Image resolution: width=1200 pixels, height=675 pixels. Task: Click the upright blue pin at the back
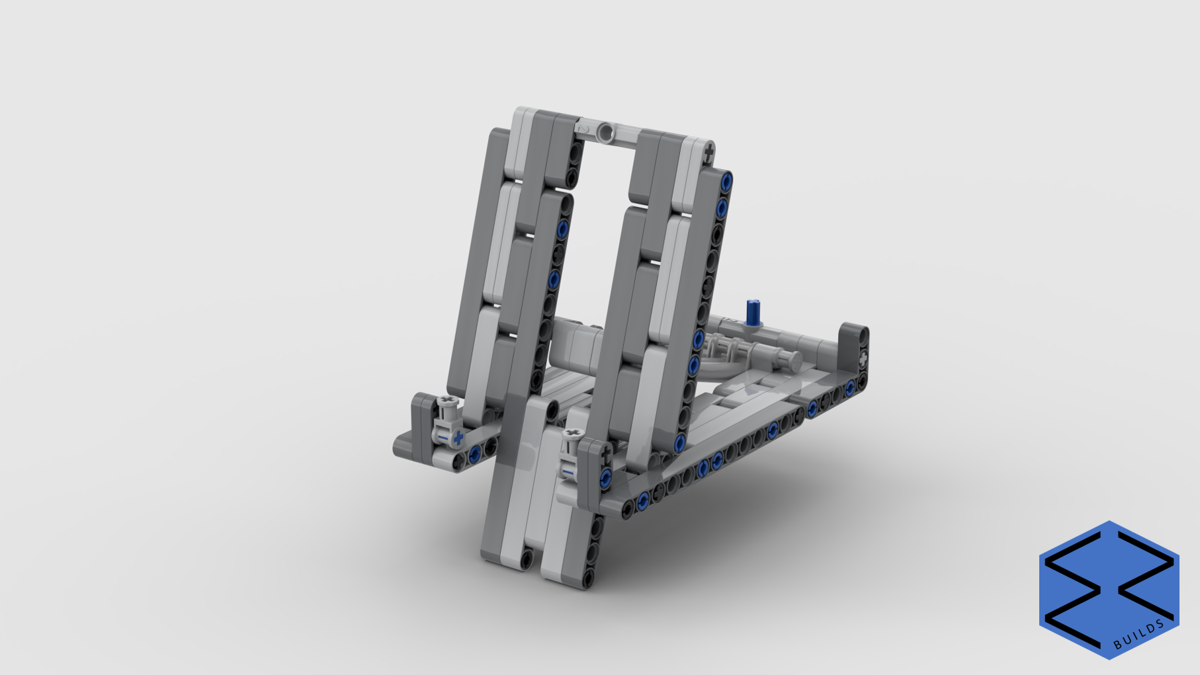click(x=753, y=312)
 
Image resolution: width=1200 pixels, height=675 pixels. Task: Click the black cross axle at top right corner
click(x=708, y=154)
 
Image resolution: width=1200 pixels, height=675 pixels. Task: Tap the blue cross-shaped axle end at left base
click(x=458, y=438)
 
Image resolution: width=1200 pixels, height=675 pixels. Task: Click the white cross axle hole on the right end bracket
click(x=863, y=358)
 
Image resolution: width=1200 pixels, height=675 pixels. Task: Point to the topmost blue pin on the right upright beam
click(x=726, y=180)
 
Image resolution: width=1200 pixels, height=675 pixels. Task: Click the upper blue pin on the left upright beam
click(x=562, y=229)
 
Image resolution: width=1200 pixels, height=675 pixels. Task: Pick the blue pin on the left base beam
click(x=474, y=454)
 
